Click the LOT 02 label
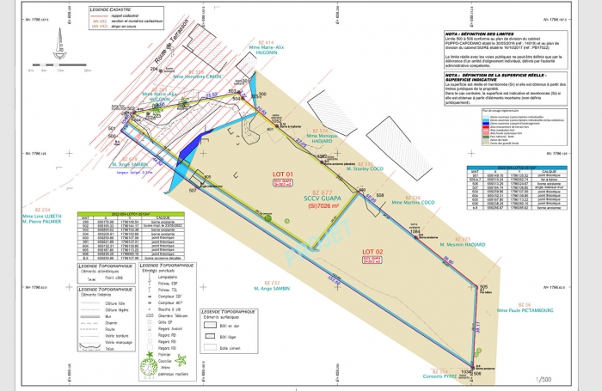point(373,249)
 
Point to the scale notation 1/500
point(544,378)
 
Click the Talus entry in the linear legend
point(110,349)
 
